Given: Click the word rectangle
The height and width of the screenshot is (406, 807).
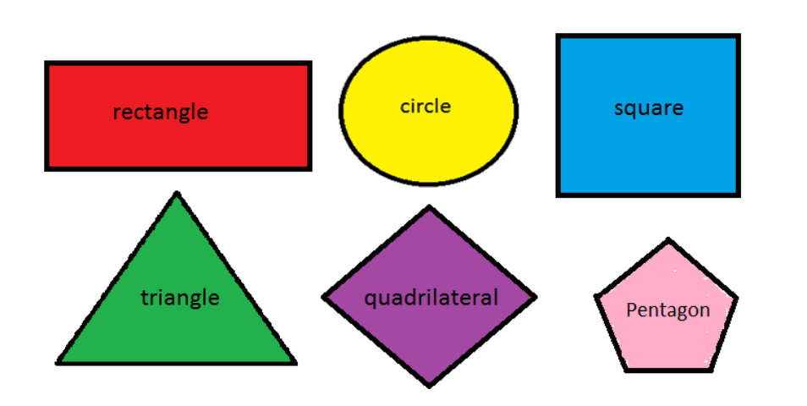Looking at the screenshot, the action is [x=161, y=112].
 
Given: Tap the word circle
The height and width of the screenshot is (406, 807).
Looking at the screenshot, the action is [x=425, y=106].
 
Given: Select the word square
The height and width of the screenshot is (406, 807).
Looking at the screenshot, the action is [x=648, y=107].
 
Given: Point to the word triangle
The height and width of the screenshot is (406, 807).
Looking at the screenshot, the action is [x=179, y=298].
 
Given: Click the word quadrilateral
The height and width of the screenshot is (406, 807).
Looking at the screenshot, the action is [x=431, y=298].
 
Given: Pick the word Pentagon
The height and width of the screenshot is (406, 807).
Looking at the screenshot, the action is [x=667, y=310].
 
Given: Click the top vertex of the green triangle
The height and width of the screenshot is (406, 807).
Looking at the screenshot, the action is [x=176, y=195].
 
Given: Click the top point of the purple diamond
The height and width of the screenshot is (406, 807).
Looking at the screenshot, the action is [x=429, y=207].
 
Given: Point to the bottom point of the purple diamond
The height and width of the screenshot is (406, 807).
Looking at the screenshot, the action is [x=430, y=385].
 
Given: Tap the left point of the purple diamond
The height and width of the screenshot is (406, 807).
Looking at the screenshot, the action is [x=324, y=297].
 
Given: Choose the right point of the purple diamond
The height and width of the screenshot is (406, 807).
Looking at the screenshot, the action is [x=535, y=297].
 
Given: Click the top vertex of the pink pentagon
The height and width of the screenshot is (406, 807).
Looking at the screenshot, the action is [x=668, y=241].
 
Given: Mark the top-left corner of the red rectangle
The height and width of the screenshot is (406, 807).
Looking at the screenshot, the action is [x=47, y=63].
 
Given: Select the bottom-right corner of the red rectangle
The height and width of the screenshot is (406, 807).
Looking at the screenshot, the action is [x=310, y=168].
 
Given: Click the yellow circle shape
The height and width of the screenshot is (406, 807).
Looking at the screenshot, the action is [x=428, y=144].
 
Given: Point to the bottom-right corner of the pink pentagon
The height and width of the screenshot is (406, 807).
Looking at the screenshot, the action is [x=711, y=369].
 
